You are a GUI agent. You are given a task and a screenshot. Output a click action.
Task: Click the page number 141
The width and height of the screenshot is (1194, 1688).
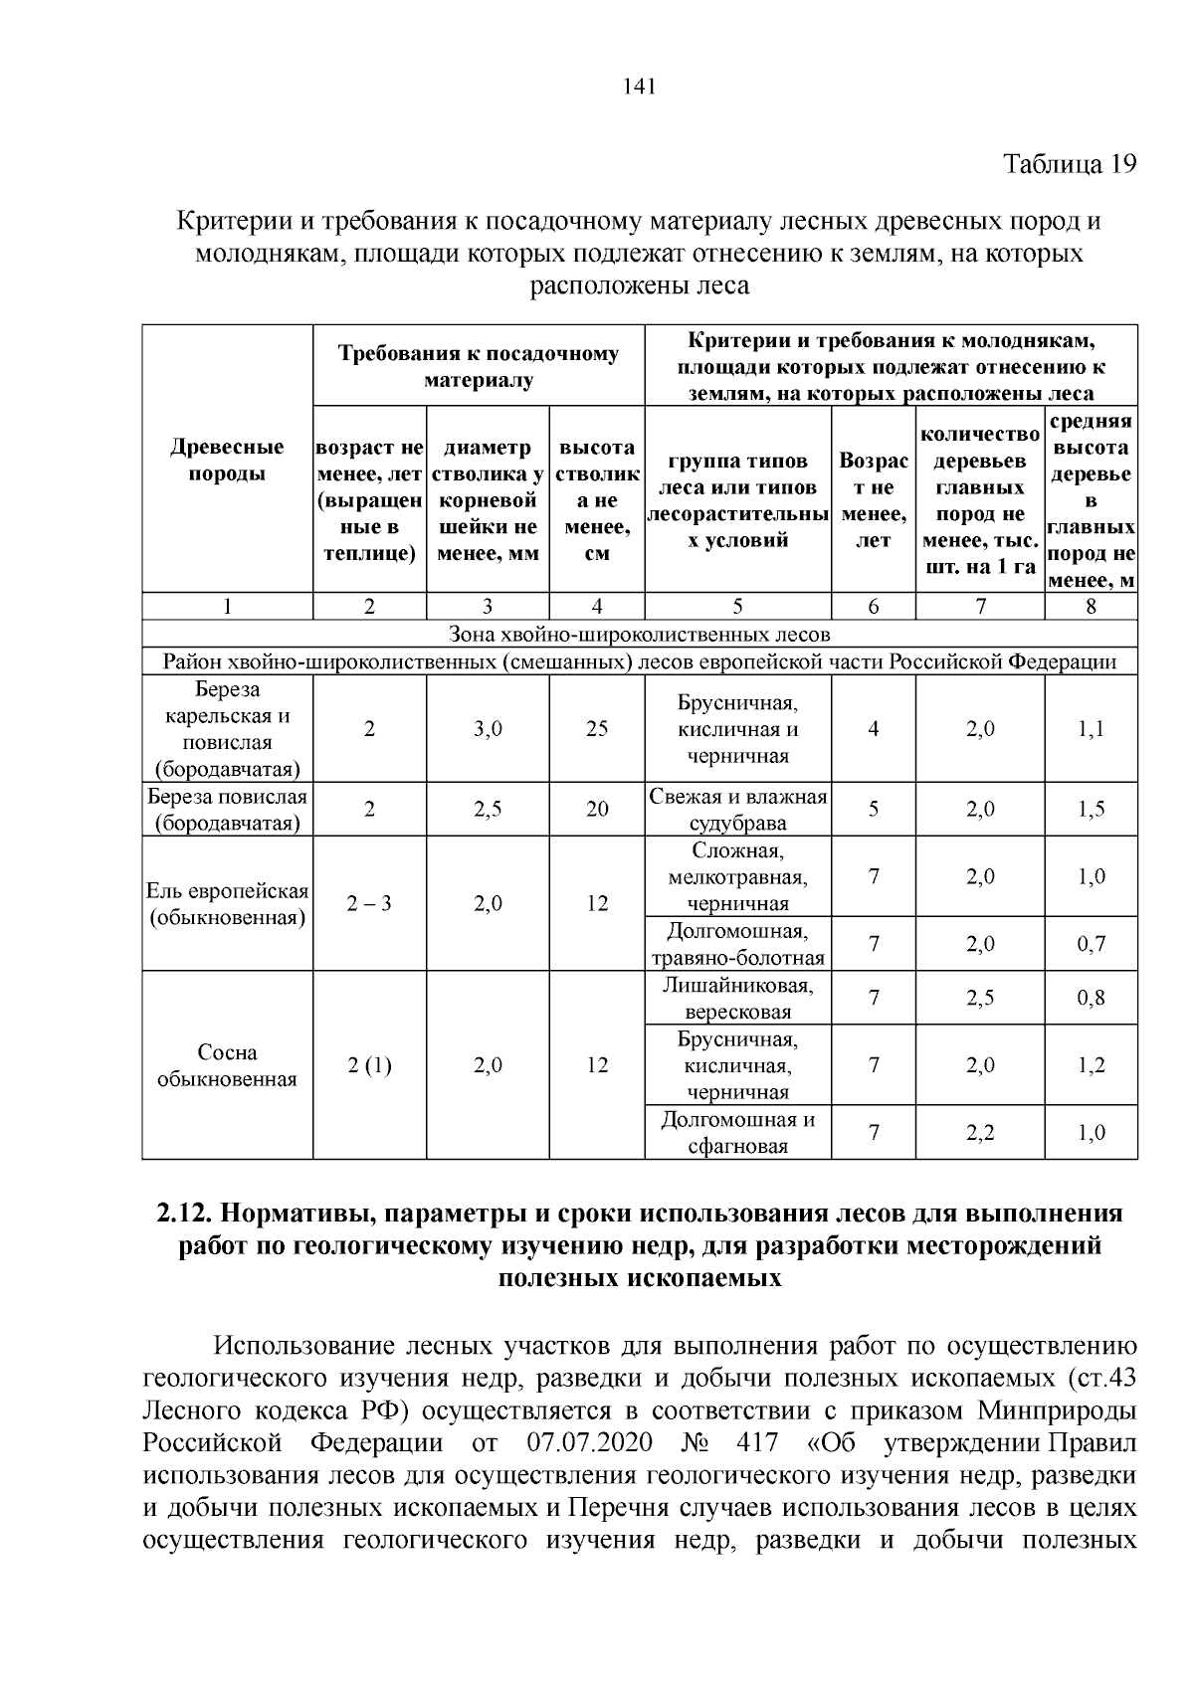pyautogui.click(x=638, y=87)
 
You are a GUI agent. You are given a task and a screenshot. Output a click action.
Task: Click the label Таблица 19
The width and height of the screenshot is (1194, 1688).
pyautogui.click(x=1069, y=164)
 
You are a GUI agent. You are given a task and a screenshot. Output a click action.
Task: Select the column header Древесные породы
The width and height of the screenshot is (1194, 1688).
pyautogui.click(x=227, y=460)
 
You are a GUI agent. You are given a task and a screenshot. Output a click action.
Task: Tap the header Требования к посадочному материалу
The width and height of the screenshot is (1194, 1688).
pyautogui.click(x=478, y=366)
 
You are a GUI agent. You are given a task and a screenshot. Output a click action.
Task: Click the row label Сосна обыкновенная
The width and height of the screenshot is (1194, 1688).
pyautogui.click(x=227, y=1065)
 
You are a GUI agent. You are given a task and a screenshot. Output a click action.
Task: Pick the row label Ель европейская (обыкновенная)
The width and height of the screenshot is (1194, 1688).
pyautogui.click(x=227, y=903)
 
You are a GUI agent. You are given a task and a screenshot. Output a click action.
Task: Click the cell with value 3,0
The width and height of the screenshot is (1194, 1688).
pyautogui.click(x=488, y=729)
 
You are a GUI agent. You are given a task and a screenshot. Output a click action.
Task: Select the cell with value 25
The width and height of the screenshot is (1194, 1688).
pyautogui.click(x=596, y=729)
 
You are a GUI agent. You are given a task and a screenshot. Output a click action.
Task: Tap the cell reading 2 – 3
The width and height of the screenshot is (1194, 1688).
pyautogui.click(x=369, y=903)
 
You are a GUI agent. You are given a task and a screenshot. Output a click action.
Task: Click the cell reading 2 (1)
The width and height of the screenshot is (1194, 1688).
pyautogui.click(x=369, y=1065)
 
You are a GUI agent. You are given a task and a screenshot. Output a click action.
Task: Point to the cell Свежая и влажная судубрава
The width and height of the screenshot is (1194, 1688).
pyautogui.click(x=737, y=810)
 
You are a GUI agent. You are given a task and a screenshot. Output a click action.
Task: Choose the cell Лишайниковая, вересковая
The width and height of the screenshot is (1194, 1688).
pyautogui.click(x=737, y=998)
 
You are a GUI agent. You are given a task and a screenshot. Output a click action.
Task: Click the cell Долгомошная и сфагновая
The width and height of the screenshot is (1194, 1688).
pyautogui.click(x=737, y=1132)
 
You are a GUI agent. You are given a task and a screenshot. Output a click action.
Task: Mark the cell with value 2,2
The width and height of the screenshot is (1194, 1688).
pyautogui.click(x=979, y=1132)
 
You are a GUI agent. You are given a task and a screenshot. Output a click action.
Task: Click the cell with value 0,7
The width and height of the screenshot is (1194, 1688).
pyautogui.click(x=1091, y=944)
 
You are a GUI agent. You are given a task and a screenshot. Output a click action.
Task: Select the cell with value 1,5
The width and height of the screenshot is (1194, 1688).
pyautogui.click(x=1091, y=810)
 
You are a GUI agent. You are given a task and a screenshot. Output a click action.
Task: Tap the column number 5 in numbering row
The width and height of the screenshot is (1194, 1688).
pyautogui.click(x=737, y=606)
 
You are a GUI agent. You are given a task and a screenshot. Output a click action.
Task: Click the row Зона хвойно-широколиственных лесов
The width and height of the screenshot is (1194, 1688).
pyautogui.click(x=639, y=634)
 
